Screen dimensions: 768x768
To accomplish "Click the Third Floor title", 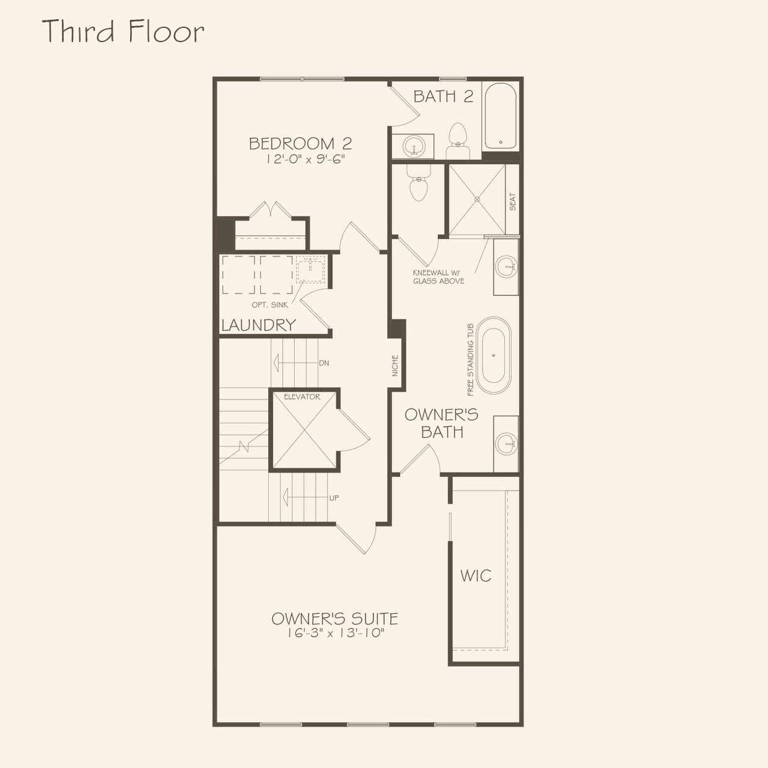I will (123, 32).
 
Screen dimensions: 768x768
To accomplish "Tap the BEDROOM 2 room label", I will (300, 144).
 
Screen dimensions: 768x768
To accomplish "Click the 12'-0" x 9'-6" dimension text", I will (305, 159).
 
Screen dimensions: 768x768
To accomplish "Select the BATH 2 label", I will (443, 97).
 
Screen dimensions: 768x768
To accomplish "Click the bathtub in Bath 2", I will (500, 116).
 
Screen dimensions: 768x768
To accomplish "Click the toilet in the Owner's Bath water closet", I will (419, 183).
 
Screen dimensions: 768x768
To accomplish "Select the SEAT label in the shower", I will (512, 202).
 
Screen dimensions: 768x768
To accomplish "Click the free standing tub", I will (494, 356).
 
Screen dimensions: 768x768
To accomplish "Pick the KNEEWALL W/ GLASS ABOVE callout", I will (439, 277).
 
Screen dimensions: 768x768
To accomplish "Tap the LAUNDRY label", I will (258, 325).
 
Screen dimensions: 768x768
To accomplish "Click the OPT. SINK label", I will (269, 305).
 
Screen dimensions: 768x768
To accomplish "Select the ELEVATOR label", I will (302, 397).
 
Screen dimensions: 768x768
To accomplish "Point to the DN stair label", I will (324, 363).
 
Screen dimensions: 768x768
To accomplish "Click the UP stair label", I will (334, 498).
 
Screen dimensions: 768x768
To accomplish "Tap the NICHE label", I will (395, 365).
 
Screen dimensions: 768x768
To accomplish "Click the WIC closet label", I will (476, 576).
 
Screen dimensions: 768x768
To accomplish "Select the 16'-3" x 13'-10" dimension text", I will (335, 633).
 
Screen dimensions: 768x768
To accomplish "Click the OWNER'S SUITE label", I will (334, 618).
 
